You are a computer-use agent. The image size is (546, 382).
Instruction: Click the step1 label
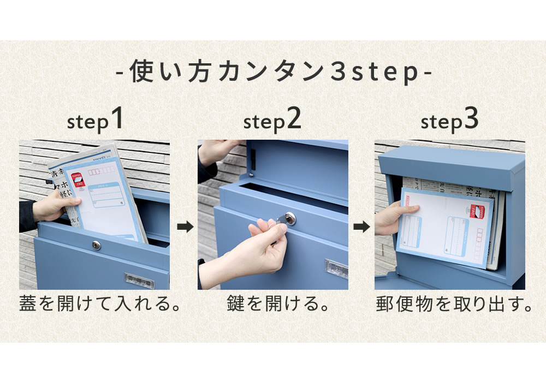[x=95, y=121]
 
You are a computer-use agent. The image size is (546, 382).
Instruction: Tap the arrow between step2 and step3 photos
[x=361, y=227]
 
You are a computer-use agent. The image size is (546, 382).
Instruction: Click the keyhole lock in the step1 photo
[x=97, y=246]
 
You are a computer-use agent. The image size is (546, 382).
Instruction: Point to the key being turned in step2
[x=284, y=220]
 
